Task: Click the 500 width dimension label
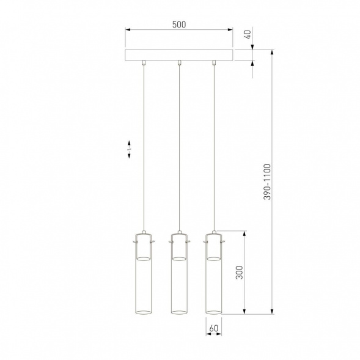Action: (x=178, y=24)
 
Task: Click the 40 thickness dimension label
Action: (x=248, y=35)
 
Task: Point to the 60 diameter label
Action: (x=213, y=328)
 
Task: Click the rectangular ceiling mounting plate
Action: (x=178, y=55)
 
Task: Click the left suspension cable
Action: (x=142, y=147)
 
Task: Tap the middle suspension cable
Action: (x=178, y=147)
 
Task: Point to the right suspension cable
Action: (x=214, y=147)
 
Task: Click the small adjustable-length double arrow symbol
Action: (x=129, y=149)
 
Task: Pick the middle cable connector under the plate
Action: (x=178, y=62)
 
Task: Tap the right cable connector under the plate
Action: (x=214, y=62)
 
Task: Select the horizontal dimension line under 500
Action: (x=178, y=29)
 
